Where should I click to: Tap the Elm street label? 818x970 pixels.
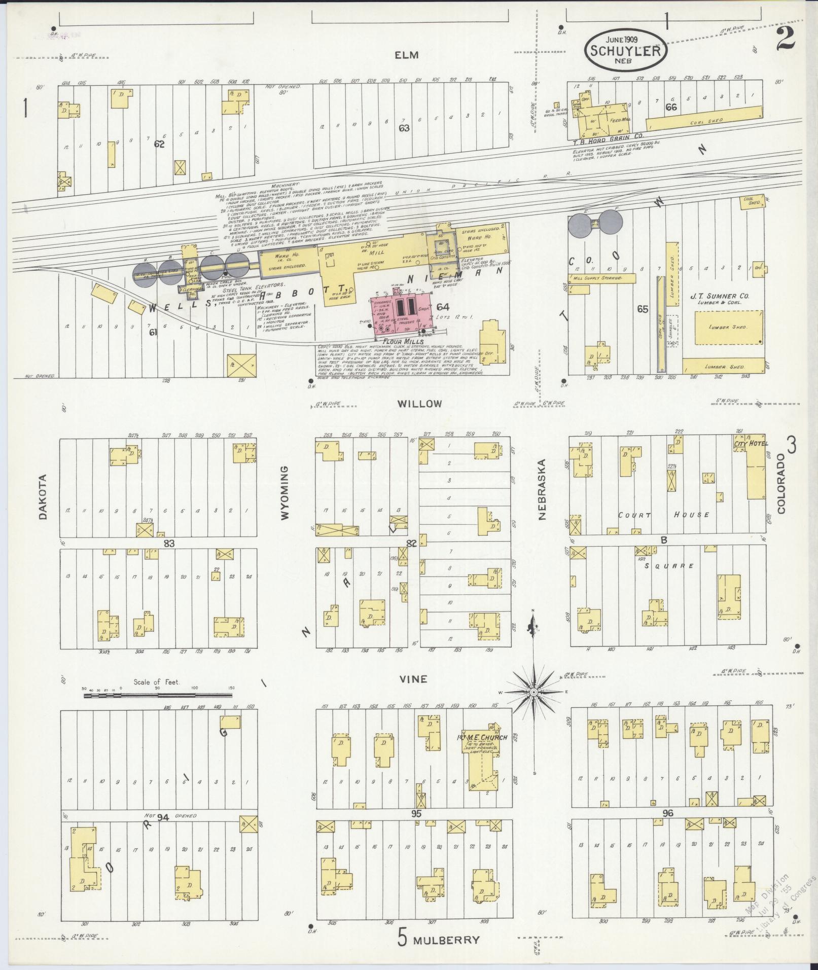(x=407, y=55)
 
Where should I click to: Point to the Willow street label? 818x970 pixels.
(x=419, y=404)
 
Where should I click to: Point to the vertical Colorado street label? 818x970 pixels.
(x=781, y=483)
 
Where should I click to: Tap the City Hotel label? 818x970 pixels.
(x=751, y=443)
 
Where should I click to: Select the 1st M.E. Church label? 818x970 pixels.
(x=482, y=737)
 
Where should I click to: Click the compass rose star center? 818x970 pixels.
(x=534, y=692)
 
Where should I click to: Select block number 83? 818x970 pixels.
(x=169, y=543)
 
